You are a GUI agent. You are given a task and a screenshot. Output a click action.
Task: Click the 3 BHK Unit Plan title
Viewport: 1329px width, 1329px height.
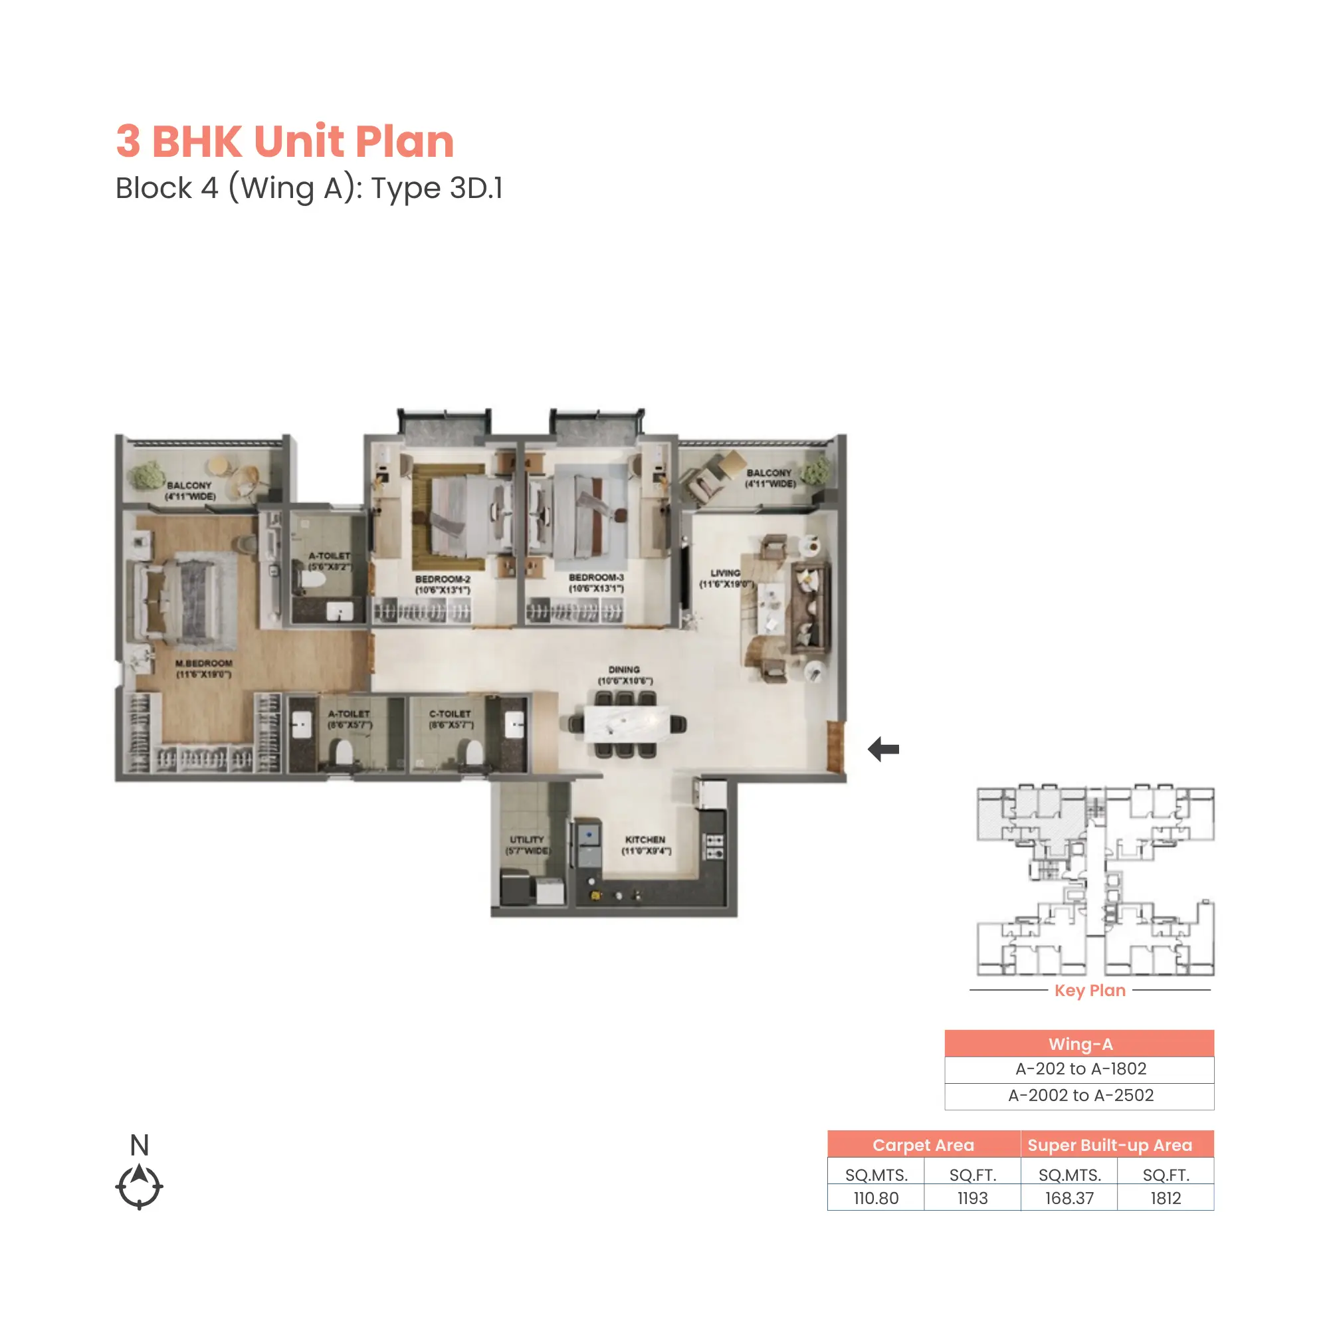[285, 141]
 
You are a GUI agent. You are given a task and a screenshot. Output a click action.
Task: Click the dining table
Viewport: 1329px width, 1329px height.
[627, 724]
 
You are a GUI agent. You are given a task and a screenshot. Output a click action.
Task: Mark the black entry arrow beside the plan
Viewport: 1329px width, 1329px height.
[884, 749]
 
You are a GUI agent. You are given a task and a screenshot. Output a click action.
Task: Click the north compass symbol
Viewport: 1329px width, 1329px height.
[139, 1185]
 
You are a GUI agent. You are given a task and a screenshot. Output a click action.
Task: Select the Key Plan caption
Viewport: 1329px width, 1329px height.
[1090, 991]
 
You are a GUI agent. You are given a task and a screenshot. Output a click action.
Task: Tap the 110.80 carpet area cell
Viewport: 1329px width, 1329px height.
[876, 1198]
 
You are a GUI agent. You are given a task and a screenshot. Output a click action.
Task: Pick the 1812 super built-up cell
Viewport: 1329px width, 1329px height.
[1166, 1198]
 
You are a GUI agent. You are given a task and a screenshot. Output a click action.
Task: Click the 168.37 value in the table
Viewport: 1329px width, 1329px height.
[1069, 1198]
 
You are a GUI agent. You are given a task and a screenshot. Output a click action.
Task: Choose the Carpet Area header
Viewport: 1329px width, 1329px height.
[923, 1146]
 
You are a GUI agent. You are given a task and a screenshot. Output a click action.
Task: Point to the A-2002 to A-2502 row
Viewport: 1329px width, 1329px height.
[1080, 1096]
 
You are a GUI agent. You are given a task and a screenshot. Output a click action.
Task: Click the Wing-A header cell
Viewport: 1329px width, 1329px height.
[1080, 1044]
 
